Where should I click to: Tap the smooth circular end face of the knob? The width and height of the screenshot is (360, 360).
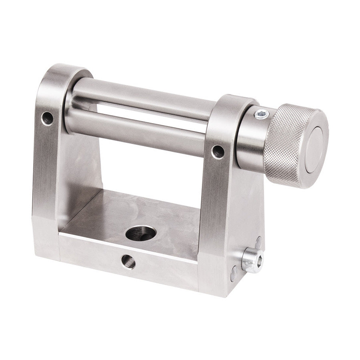[316, 148]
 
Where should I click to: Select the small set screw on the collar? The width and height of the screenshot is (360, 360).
[261, 114]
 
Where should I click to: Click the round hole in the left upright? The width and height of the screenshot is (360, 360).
[48, 118]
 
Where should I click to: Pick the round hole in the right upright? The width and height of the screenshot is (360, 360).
[218, 152]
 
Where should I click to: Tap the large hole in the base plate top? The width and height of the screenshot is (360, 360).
[140, 233]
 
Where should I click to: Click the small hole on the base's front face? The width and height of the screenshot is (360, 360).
[128, 262]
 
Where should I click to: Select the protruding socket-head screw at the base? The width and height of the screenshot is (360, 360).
[252, 260]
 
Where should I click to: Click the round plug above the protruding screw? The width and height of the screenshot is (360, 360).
[258, 242]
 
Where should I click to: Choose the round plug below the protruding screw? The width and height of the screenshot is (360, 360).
[234, 274]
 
